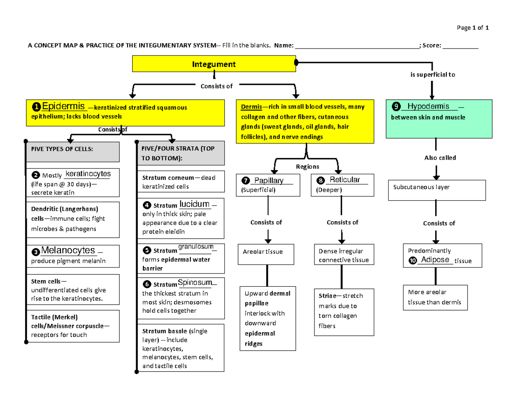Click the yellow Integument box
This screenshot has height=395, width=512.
(214, 64)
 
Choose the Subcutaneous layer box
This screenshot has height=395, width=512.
(436, 190)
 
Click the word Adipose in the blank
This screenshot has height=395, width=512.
(435, 259)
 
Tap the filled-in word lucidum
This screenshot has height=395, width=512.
(195, 204)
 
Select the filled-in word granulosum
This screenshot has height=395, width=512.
(197, 247)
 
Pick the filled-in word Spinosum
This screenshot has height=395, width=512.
(195, 283)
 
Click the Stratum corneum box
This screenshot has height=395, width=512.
(181, 182)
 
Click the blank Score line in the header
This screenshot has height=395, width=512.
(461, 47)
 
